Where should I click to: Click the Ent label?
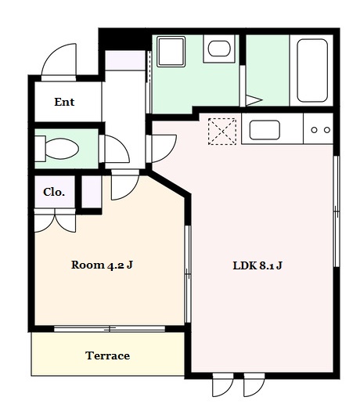[x=64, y=102]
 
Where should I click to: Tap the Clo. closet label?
[x=54, y=192]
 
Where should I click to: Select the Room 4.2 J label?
[x=102, y=265]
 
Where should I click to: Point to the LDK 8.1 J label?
[x=257, y=265]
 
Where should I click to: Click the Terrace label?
[x=108, y=355]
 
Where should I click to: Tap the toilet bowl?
[x=62, y=149]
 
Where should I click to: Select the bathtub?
[x=312, y=70]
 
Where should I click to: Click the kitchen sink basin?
[x=265, y=130]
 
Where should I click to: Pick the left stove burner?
[x=314, y=130]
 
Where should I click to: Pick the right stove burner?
[x=327, y=130]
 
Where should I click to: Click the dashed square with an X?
[x=222, y=132]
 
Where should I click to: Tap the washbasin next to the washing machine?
[x=219, y=49]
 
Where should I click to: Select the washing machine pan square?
[x=171, y=52]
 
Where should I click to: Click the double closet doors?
[x=55, y=221]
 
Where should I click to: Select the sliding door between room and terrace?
[x=110, y=329]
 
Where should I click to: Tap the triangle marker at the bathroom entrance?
[x=254, y=100]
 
